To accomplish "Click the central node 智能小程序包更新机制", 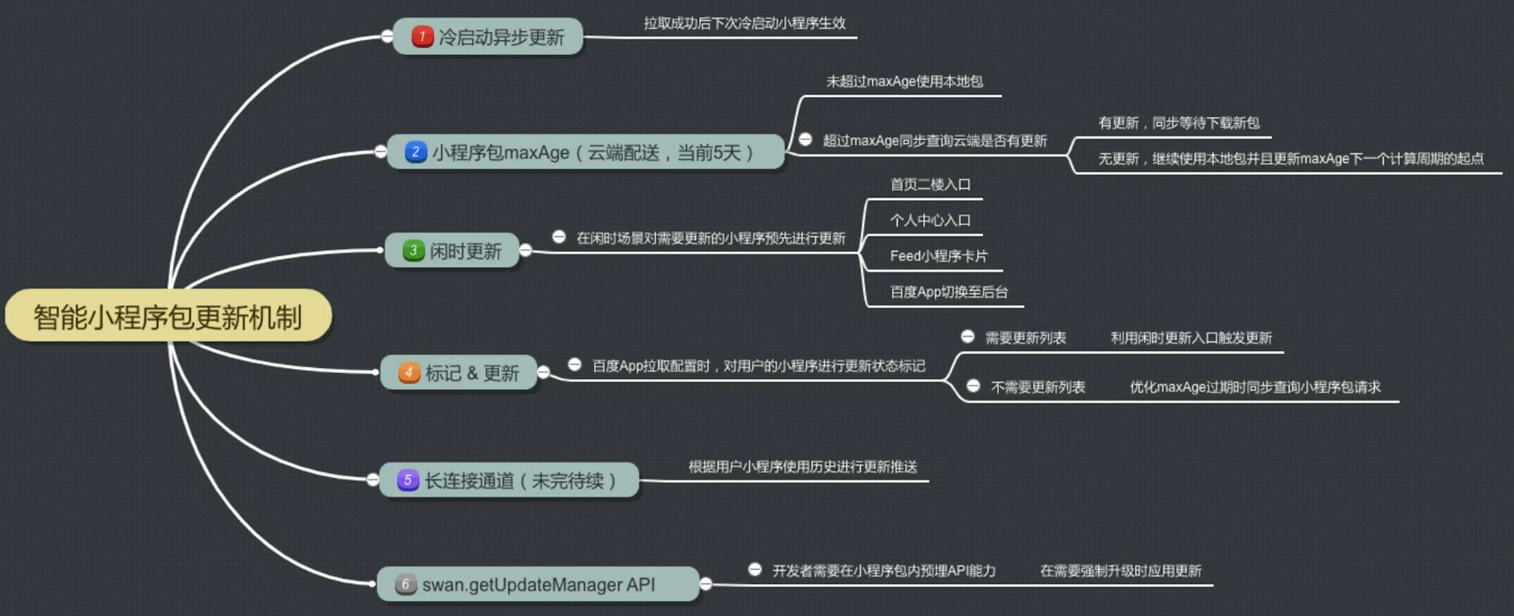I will click(168, 317).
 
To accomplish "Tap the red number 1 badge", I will click(422, 36).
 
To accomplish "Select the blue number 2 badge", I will click(416, 152).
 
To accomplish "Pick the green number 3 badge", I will click(413, 250).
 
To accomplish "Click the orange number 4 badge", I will click(409, 373).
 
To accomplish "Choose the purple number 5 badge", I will click(408, 480).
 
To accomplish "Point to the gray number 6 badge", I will click(405, 584).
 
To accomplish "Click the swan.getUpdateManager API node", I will click(538, 584).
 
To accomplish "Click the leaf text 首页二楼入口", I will click(930, 185).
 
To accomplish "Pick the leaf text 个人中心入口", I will click(930, 220).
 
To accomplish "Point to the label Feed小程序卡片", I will click(939, 256).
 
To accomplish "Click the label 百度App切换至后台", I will click(949, 292).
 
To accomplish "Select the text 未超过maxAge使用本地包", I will click(904, 81).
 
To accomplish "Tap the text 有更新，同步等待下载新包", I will click(1178, 123).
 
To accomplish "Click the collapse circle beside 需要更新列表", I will click(967, 337).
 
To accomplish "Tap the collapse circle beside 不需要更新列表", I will click(973, 386).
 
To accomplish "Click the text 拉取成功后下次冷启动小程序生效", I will click(744, 23).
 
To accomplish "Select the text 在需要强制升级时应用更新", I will click(1120, 571).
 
